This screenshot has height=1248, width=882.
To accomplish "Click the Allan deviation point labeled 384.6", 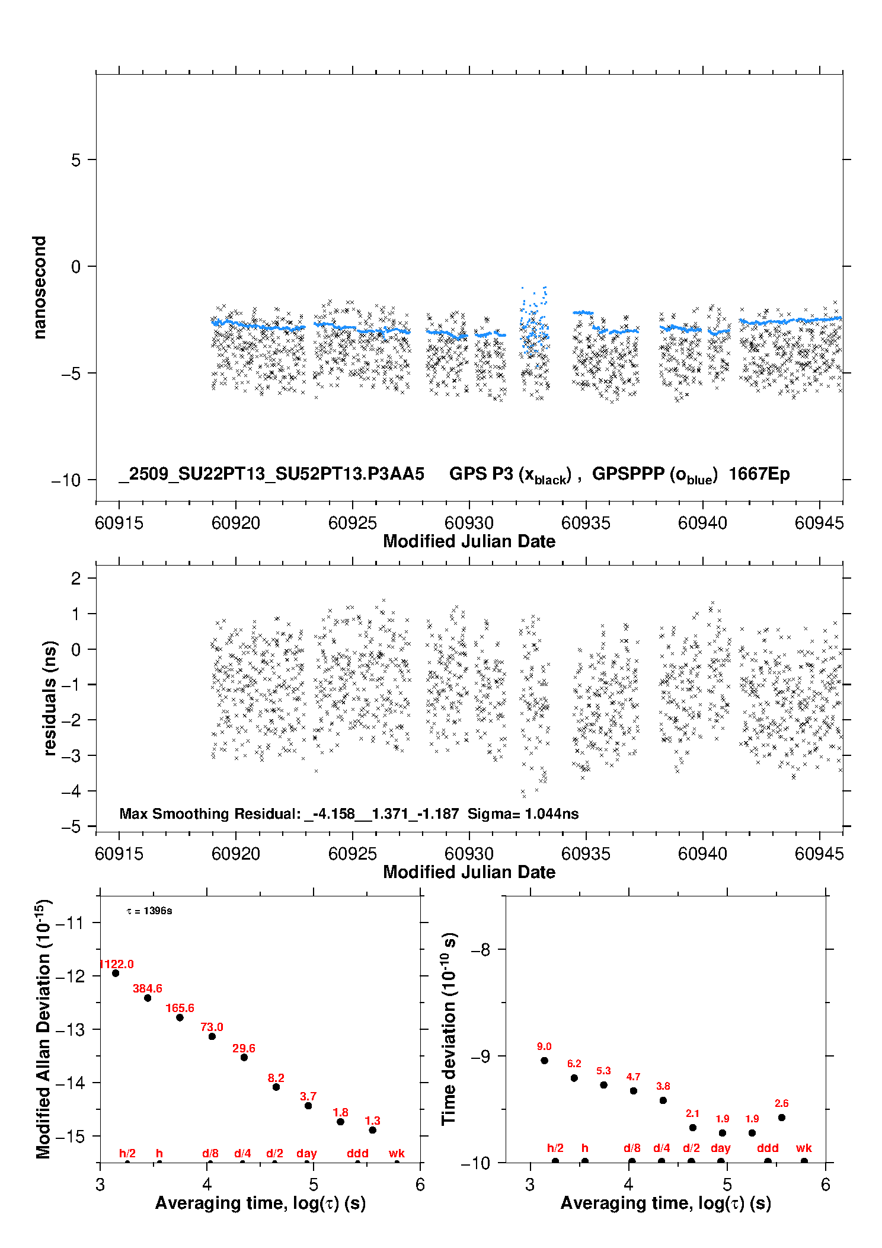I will click(x=148, y=998).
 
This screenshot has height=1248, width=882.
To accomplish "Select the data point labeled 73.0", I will click(x=212, y=1036).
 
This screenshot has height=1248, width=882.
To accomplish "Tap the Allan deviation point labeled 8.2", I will click(x=276, y=1087).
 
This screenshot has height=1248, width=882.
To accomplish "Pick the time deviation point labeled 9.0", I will click(x=544, y=1061).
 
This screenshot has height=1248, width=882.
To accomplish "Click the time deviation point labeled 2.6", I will click(x=781, y=1118).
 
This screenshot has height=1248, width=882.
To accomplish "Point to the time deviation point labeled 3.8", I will click(x=663, y=1100).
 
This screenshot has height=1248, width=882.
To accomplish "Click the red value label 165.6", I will click(x=180, y=1008).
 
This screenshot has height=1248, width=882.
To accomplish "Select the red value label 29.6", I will click(x=244, y=1048).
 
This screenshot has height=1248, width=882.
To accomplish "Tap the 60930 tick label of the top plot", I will click(x=469, y=523).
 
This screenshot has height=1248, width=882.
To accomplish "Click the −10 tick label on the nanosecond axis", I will click(x=66, y=480).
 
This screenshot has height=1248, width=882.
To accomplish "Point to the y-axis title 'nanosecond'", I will click(x=40, y=288).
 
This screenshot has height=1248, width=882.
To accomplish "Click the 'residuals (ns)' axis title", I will click(x=50, y=698).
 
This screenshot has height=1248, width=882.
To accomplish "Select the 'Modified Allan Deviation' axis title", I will click(x=43, y=1029).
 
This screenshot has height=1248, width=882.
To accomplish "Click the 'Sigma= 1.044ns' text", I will click(x=523, y=813).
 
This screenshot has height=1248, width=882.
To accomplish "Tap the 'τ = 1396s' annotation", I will click(x=149, y=911).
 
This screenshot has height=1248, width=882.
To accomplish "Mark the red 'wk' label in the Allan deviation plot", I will click(x=397, y=1153).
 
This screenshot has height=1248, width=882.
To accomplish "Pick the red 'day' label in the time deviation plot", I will click(x=720, y=1148).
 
